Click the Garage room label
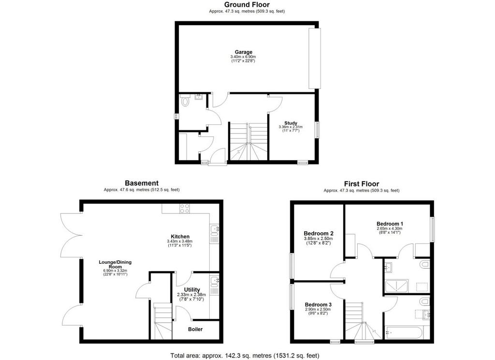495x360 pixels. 244,52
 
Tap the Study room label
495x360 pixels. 291,123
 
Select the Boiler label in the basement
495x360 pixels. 195,329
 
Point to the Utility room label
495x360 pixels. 192,289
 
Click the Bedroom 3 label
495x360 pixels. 318,305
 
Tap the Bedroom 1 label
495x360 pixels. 390,224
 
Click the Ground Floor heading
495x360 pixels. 247,4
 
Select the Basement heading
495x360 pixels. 142,183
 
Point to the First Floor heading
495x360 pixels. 362,184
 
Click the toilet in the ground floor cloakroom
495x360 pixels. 185,101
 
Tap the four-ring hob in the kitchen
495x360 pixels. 185,209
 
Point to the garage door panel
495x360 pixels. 315,59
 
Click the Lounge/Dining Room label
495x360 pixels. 115,264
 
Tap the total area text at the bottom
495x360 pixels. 245,356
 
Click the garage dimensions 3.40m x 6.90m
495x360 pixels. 243,57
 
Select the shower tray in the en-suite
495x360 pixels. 397,286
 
